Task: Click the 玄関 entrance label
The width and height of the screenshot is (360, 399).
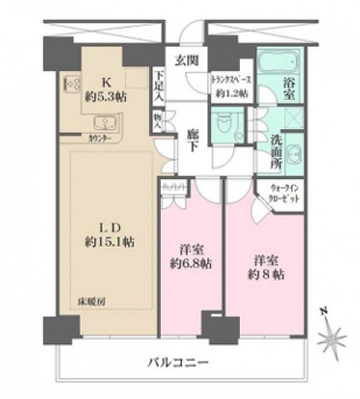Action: click(x=185, y=60)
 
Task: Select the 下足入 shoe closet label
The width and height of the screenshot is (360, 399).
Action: click(x=159, y=87)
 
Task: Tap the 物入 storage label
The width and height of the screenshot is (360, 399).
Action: click(x=157, y=122)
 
